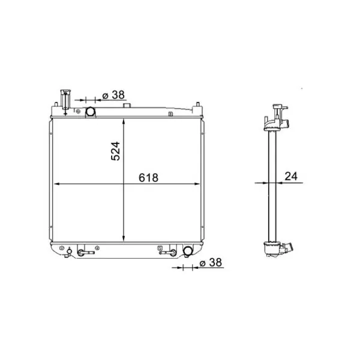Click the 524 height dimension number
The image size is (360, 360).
point(115,151)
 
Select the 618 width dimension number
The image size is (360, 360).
point(149,178)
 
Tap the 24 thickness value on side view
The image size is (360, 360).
point(291,176)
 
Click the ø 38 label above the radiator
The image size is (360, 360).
point(113,95)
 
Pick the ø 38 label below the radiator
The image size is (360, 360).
point(211,262)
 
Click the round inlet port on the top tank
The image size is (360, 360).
point(91,112)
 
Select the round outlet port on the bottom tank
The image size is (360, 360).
point(188,251)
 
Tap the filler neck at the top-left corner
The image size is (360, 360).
point(65,100)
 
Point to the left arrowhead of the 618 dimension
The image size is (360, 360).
point(56,184)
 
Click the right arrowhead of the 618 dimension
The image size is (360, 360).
point(197,184)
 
